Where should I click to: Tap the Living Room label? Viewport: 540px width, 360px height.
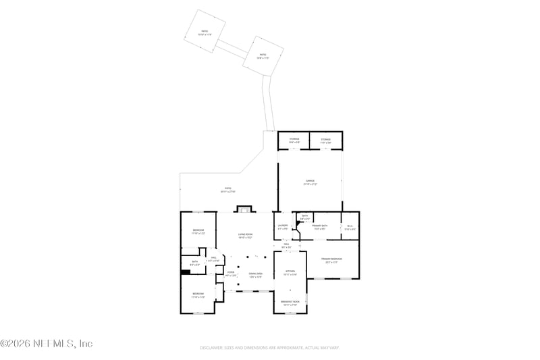click(244, 236)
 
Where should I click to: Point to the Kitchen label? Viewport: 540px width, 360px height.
click(290, 273)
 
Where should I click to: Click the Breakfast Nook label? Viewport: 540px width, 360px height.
click(290, 303)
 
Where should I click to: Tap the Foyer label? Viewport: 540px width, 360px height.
click(230, 274)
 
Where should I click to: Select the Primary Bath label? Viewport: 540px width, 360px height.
click(319, 227)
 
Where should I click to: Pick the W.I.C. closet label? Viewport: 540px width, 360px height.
click(350, 227)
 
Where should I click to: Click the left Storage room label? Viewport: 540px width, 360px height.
click(294, 140)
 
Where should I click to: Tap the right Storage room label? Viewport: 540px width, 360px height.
click(325, 140)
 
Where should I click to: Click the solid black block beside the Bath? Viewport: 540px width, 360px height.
click(184, 273)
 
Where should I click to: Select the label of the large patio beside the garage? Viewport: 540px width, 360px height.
click(228, 190)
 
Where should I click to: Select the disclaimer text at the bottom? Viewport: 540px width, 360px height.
click(269, 348)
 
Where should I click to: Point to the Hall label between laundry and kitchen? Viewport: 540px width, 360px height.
click(287, 247)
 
